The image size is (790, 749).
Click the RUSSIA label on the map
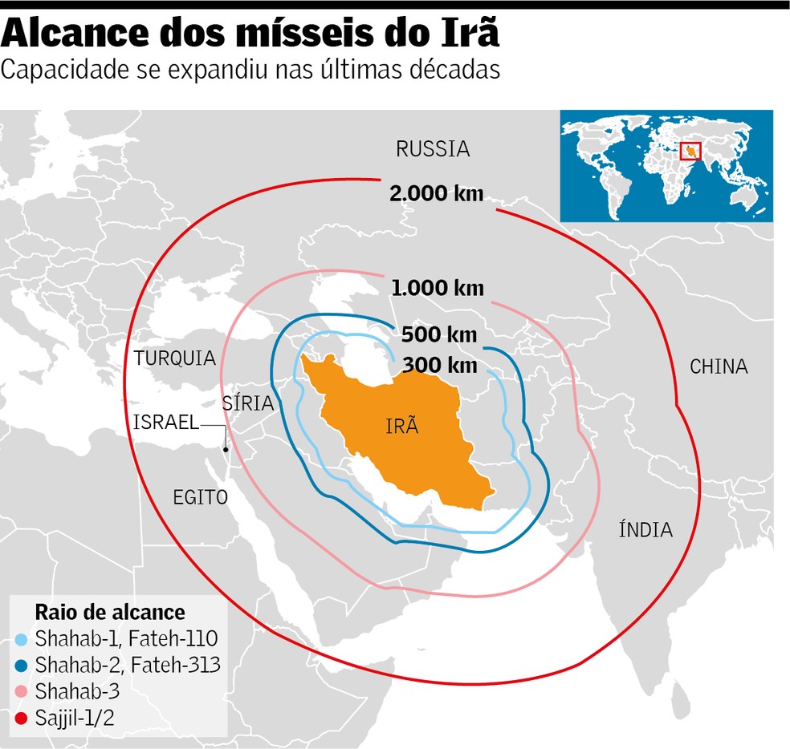coord(433,148)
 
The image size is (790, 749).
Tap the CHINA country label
coord(719,366)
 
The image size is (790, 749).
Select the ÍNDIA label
coord(645,529)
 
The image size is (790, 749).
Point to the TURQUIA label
coord(175,358)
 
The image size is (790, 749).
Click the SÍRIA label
coord(248,403)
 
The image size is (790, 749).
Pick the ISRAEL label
coord(166,423)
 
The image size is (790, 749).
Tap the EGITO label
coord(200,497)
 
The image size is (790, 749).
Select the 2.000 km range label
coord(436,193)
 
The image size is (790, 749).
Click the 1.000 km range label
coord(438,288)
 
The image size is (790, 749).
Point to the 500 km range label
coord(439,334)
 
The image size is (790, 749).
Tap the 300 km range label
coord(439,365)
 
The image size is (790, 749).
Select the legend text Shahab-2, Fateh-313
coord(127,664)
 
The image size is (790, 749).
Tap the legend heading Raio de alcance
coord(110,613)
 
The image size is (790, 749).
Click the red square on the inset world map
coord(690,151)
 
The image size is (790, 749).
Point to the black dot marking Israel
coord(226,449)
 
